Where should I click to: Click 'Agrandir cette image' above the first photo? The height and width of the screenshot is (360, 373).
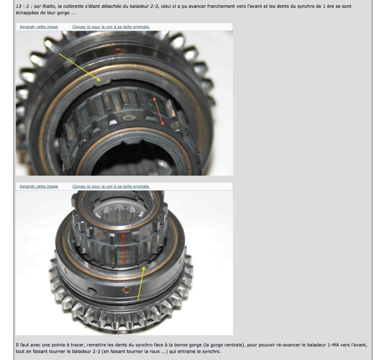[39, 27]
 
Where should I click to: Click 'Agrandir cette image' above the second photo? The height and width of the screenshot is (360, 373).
[39, 186]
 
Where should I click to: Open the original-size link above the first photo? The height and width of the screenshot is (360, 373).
[111, 27]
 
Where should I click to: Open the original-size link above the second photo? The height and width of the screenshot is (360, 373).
[111, 186]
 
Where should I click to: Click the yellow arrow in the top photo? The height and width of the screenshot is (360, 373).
[80, 67]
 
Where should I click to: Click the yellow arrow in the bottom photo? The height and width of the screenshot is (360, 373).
[141, 283]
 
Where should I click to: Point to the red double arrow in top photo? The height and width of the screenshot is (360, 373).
[159, 111]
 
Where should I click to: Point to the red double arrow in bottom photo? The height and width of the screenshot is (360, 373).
[123, 249]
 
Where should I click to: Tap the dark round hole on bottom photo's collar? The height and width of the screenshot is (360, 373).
[91, 291]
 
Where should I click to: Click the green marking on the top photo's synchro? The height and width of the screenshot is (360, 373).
[155, 104]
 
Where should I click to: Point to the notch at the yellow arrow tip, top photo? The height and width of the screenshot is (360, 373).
[105, 81]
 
